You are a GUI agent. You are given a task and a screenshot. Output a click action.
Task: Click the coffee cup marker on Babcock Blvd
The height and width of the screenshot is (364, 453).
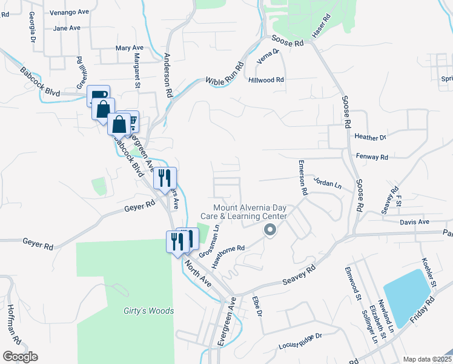click(98, 96)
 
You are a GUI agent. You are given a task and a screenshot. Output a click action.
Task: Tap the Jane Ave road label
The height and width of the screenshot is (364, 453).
click(67, 28)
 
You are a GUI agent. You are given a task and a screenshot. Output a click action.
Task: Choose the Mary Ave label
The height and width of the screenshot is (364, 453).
click(129, 47)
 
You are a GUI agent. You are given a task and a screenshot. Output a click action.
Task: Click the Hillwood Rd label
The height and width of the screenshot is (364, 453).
click(266, 79)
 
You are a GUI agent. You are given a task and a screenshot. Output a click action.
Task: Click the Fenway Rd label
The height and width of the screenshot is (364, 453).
click(372, 157)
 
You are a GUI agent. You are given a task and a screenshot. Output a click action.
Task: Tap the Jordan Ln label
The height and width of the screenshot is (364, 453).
click(328, 181)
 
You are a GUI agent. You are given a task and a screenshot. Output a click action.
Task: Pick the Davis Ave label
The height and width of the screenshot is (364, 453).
click(414, 223)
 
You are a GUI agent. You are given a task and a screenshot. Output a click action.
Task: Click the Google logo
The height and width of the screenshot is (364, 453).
click(20, 357)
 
